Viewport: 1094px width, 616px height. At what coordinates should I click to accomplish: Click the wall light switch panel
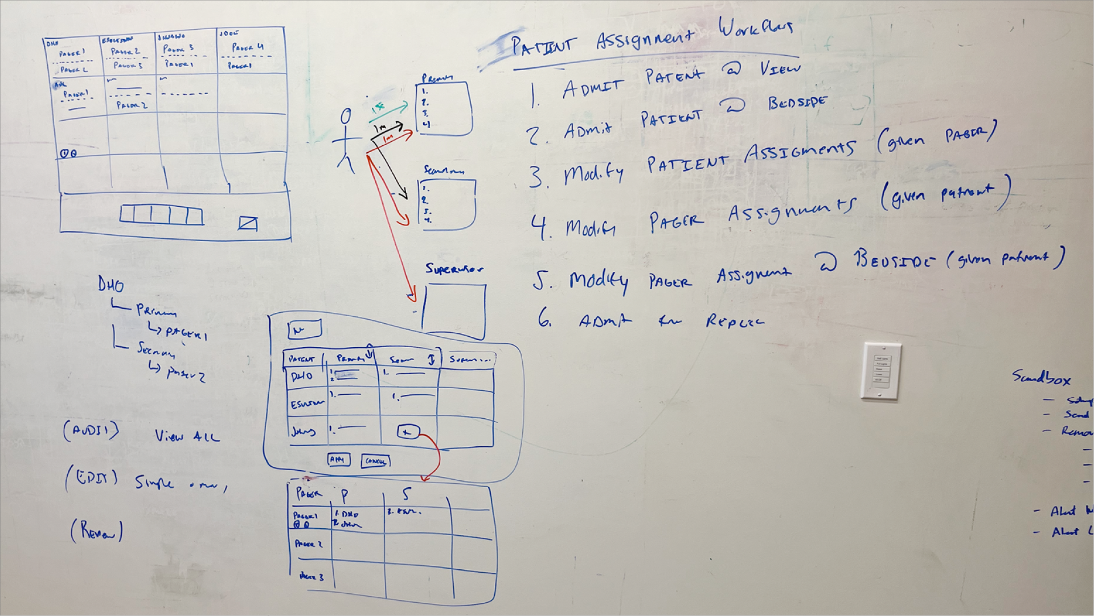881,371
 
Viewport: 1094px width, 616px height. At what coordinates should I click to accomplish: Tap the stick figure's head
346,117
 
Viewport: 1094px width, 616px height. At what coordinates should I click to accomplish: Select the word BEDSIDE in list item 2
797,103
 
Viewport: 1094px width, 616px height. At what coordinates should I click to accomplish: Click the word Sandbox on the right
1041,377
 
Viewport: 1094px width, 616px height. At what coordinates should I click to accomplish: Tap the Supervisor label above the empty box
454,268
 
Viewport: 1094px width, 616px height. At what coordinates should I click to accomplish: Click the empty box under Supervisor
454,311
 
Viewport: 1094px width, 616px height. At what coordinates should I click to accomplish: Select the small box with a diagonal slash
248,223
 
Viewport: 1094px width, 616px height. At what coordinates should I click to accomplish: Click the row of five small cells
161,215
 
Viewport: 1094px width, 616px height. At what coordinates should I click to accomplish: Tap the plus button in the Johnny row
407,433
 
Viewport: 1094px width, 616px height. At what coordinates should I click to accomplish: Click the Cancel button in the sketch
375,461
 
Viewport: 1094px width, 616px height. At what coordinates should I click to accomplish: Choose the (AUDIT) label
91,431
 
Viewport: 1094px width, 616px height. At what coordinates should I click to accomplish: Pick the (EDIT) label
92,478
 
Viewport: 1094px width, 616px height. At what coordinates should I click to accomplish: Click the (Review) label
96,531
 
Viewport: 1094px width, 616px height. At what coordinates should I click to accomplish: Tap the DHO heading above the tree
110,284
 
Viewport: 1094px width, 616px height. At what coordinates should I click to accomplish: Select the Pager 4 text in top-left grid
247,48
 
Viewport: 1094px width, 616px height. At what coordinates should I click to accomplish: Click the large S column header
406,493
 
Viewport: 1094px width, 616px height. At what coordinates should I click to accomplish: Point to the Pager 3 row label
311,577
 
